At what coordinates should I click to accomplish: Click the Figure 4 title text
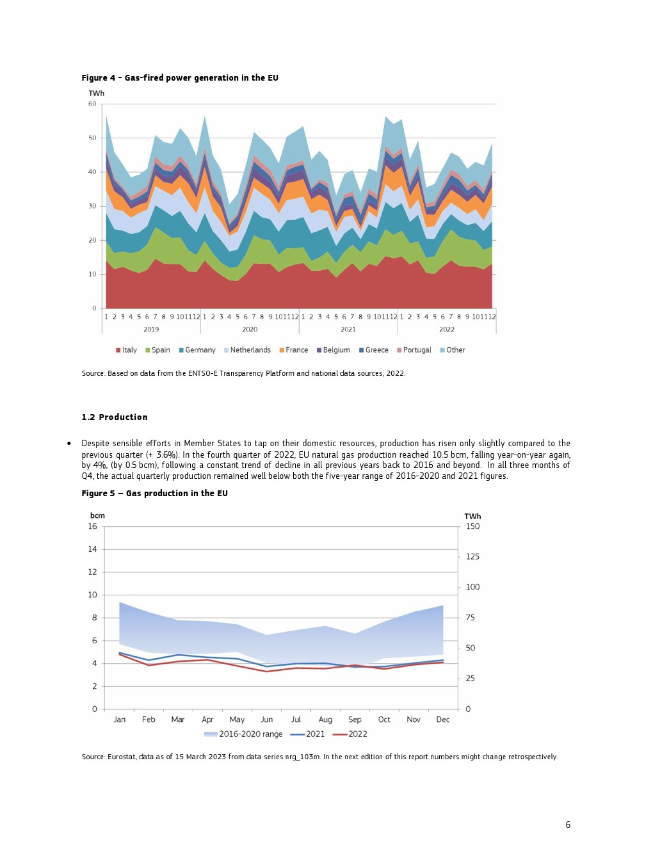(180, 78)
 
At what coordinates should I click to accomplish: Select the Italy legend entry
(127, 350)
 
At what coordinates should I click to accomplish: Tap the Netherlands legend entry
(247, 350)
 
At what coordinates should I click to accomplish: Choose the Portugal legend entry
(414, 350)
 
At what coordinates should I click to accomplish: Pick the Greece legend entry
(374, 350)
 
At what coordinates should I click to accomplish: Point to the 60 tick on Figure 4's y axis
(93, 104)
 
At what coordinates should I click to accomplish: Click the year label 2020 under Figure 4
(250, 330)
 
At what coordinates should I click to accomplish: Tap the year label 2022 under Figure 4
(447, 330)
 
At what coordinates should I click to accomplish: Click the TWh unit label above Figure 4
(97, 93)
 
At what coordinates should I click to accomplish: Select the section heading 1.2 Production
(115, 417)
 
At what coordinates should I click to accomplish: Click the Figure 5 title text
(154, 494)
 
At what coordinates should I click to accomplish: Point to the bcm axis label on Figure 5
(97, 516)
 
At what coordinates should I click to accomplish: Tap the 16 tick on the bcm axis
(93, 527)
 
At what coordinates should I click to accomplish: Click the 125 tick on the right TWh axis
(472, 557)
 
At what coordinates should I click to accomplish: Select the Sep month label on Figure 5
(355, 720)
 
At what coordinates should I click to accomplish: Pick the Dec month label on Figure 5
(443, 720)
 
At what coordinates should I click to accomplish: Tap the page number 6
(568, 825)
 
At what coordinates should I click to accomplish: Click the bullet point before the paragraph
(69, 444)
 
